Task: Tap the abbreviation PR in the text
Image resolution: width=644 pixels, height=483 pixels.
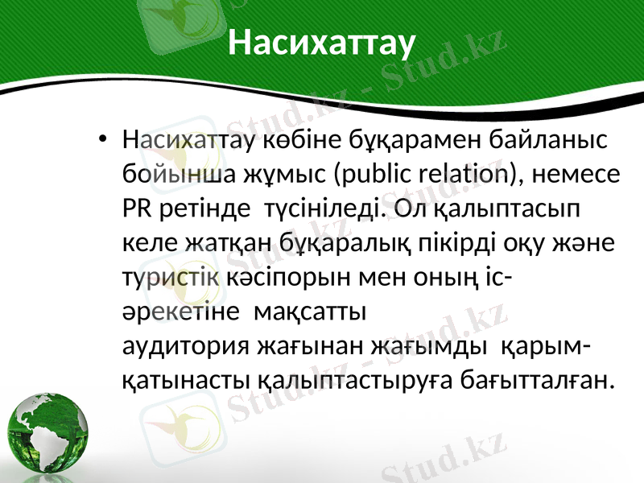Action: pyautogui.click(x=134, y=208)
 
